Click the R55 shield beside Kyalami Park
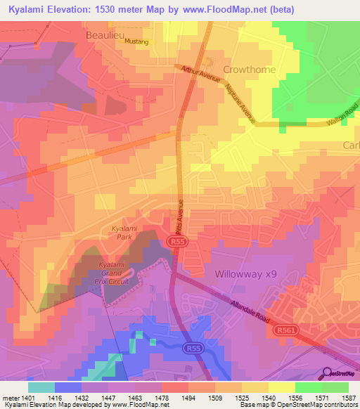(177, 242)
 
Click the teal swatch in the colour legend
(41, 387)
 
